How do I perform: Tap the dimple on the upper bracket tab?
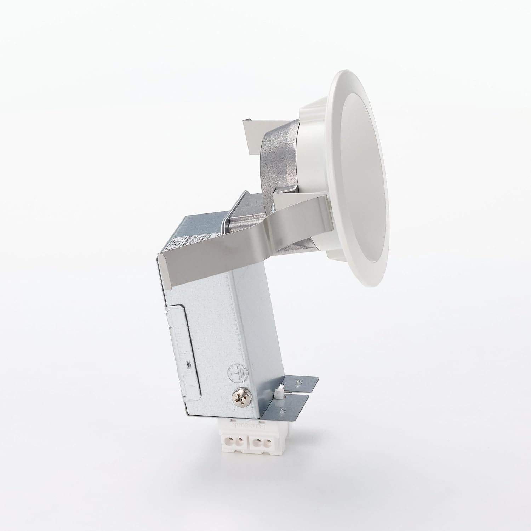300,382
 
